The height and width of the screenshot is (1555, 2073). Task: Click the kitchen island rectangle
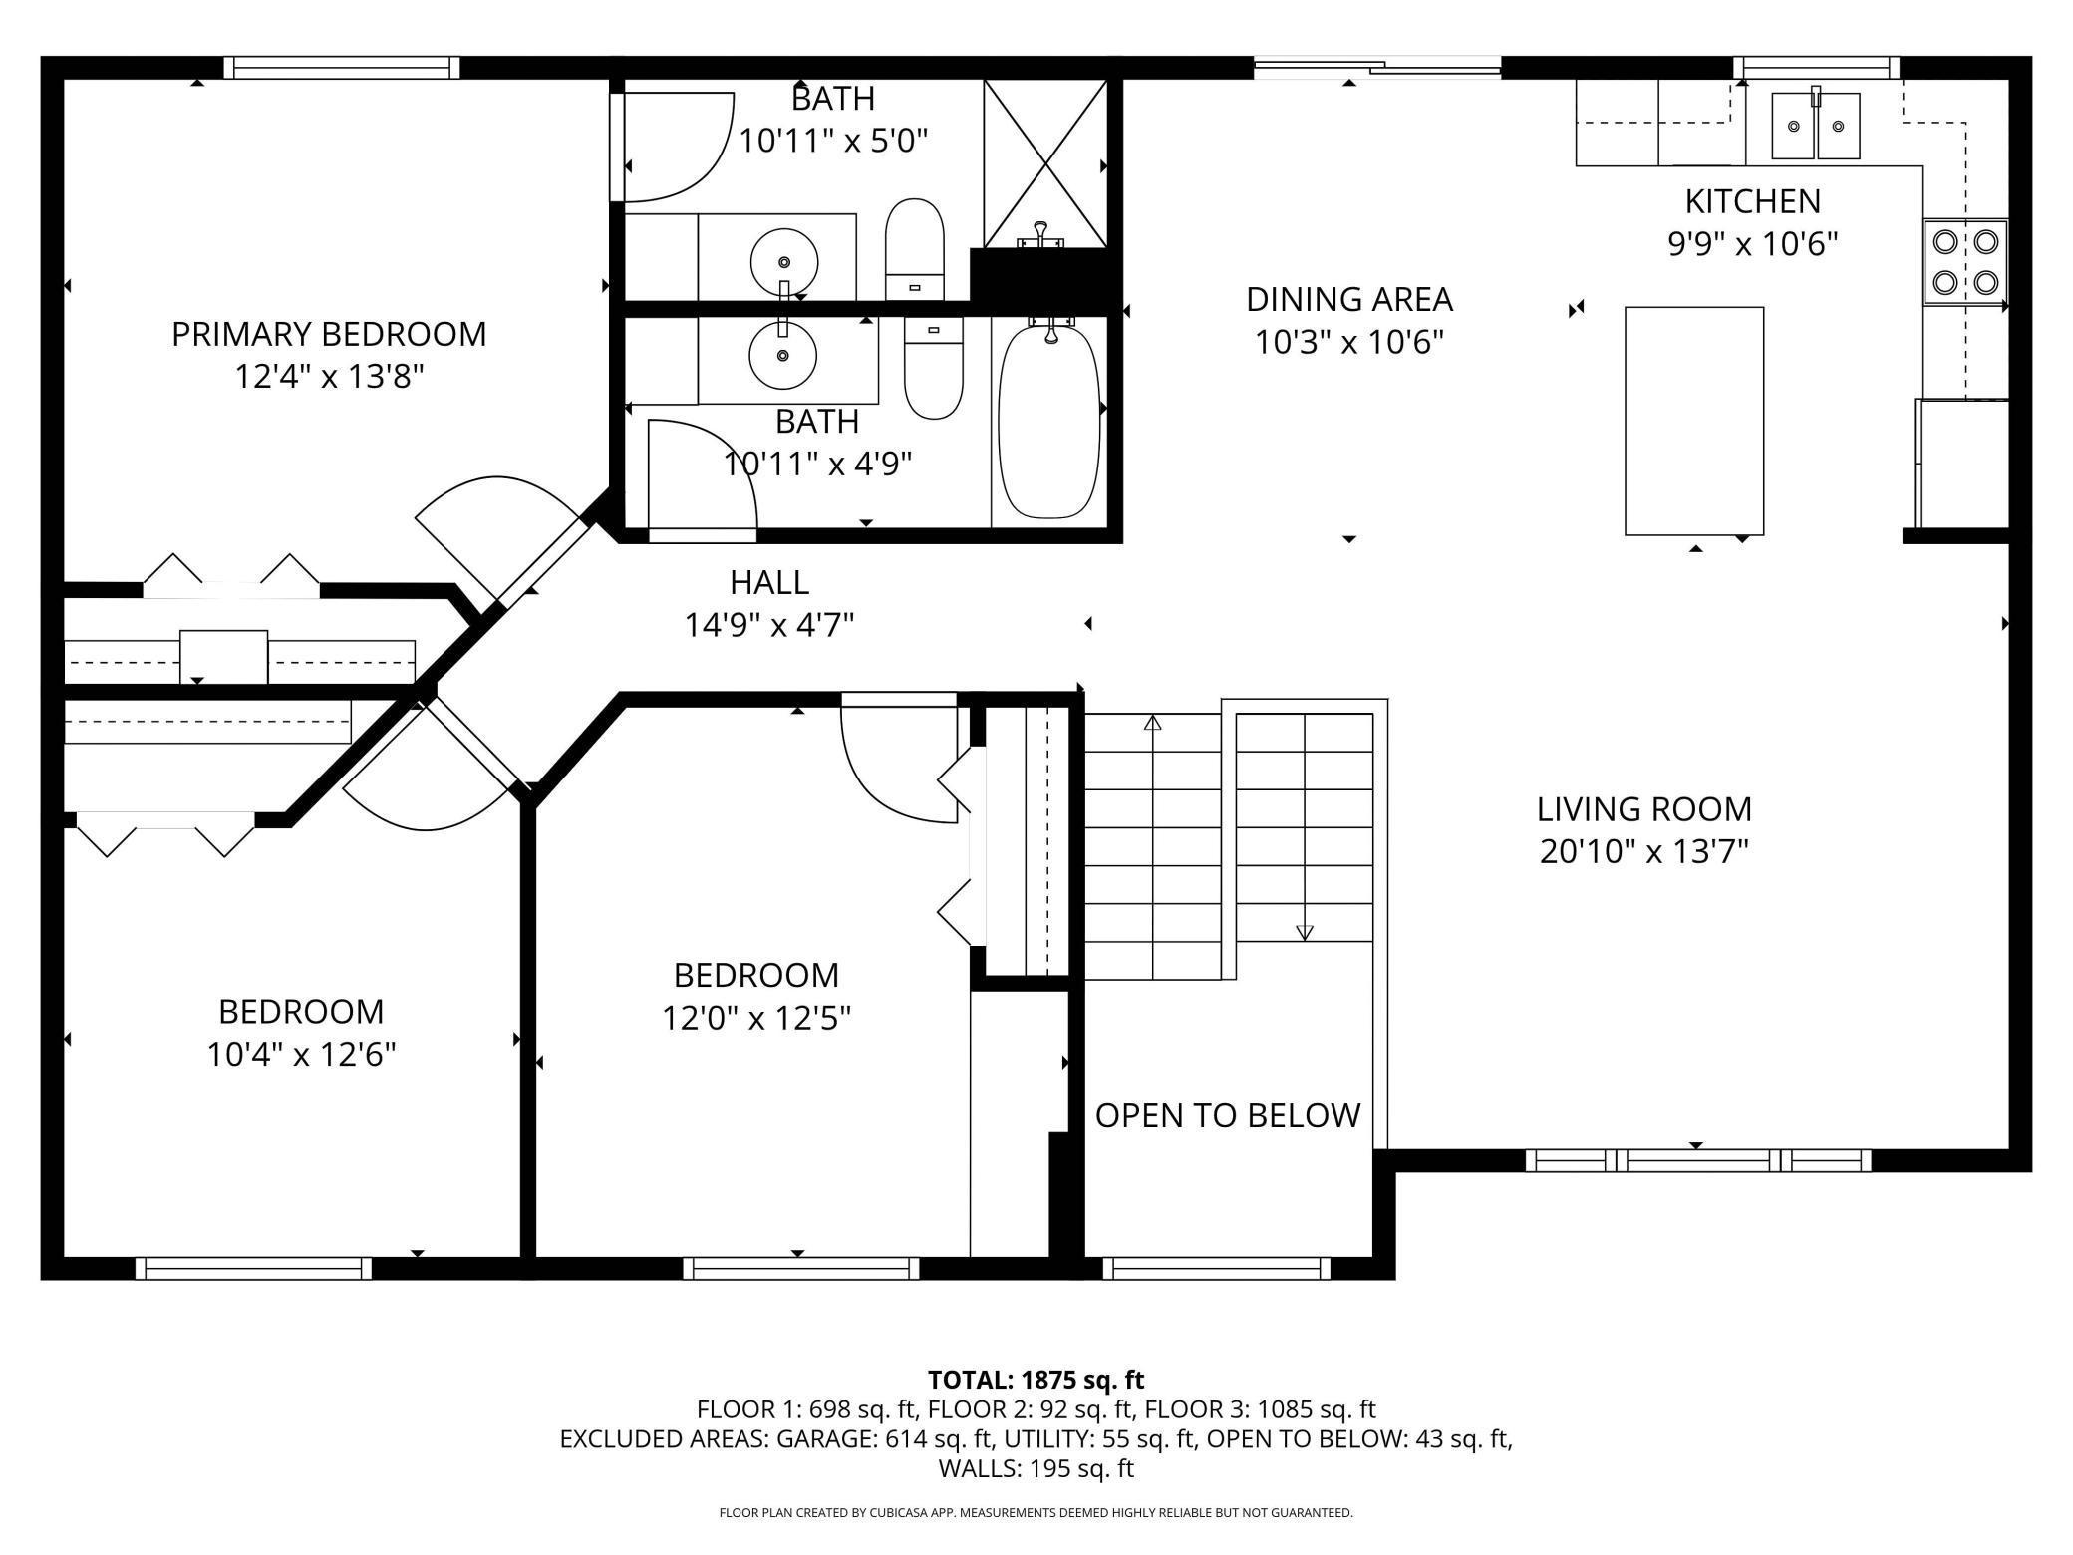pyautogui.click(x=1693, y=421)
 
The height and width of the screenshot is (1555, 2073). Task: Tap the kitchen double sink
pyautogui.click(x=1815, y=126)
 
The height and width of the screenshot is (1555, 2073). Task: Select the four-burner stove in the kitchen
pyautogui.click(x=1964, y=262)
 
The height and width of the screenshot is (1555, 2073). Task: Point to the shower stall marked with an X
pyautogui.click(x=1044, y=162)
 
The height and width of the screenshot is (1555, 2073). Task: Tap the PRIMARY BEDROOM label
pyautogui.click(x=329, y=334)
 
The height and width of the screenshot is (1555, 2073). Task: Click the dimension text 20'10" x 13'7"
pyautogui.click(x=1643, y=852)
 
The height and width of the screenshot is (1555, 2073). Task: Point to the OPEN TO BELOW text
pyautogui.click(x=1227, y=1115)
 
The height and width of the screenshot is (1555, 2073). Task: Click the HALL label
pyautogui.click(x=768, y=582)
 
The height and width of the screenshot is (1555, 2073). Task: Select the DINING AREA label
pyautogui.click(x=1348, y=299)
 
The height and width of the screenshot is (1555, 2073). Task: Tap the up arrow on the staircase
pyautogui.click(x=1153, y=723)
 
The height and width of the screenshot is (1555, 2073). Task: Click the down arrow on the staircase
pyautogui.click(x=1304, y=932)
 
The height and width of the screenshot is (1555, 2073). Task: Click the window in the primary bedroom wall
pyautogui.click(x=341, y=67)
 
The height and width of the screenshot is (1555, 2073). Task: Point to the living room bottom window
pyautogui.click(x=1697, y=1160)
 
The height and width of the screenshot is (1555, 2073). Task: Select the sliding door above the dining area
pyautogui.click(x=1376, y=67)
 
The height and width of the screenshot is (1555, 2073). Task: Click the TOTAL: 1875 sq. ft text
pyautogui.click(x=1036, y=1380)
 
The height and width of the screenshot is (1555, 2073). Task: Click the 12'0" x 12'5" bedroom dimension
pyautogui.click(x=756, y=1018)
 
